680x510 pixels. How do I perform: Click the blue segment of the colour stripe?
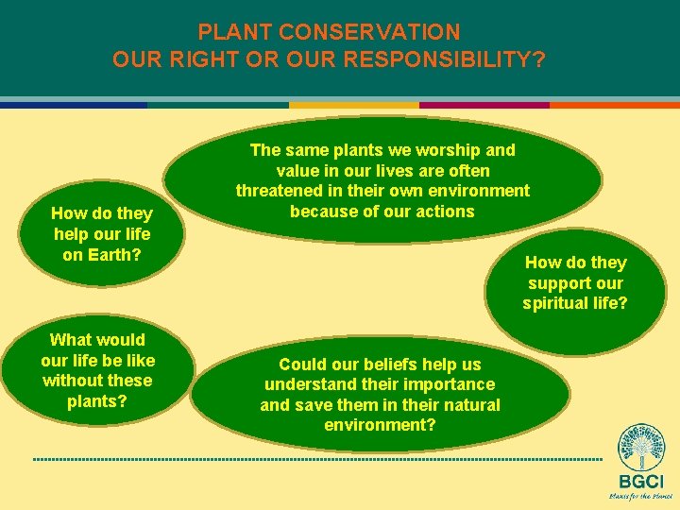(x=74, y=105)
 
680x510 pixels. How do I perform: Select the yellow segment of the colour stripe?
(x=353, y=105)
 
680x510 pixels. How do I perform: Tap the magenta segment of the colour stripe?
(x=484, y=105)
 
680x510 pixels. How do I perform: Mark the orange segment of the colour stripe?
(x=614, y=105)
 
